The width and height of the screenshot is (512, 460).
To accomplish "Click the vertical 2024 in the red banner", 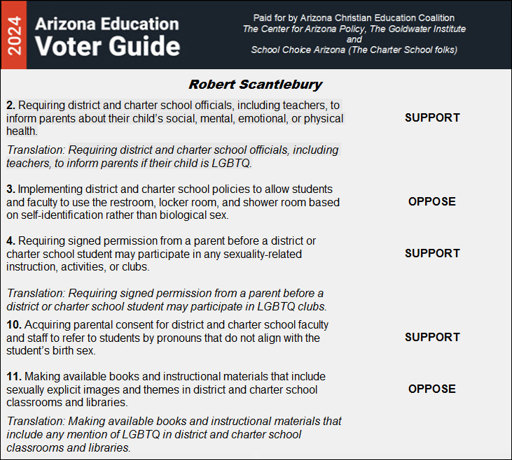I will tap(13, 35).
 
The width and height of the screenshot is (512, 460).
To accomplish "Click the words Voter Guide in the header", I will tap(107, 46).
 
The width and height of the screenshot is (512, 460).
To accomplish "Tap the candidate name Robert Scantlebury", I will tap(255, 85).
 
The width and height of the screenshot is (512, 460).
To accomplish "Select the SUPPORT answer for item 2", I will tap(432, 117).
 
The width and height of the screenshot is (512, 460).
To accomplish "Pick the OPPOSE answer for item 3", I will tap(432, 201).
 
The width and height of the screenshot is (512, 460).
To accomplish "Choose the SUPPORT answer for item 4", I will tap(432, 253).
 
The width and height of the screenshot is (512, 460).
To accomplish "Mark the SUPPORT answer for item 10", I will tap(432, 337).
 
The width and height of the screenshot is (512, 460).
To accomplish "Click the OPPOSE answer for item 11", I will tap(432, 389).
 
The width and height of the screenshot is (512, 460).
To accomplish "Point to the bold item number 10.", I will tap(14, 325).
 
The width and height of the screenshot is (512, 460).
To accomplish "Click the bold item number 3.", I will tap(10, 189).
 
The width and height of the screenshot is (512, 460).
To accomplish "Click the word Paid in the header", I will tap(261, 17).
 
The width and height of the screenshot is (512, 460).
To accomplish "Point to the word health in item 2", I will tap(23, 131).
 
